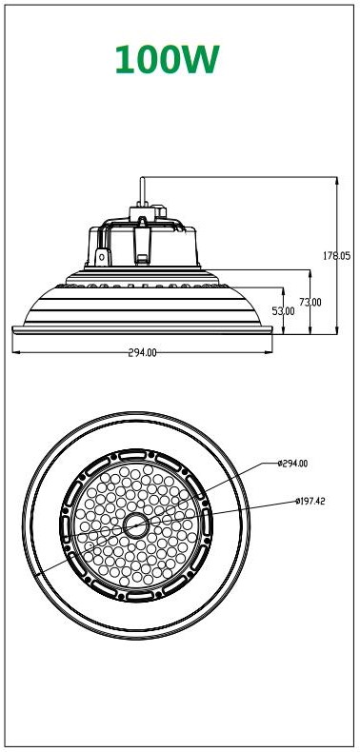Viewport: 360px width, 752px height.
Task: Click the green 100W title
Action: tap(167, 59)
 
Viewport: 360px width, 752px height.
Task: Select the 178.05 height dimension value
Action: tap(336, 256)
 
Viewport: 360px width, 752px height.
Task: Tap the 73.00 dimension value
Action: tap(310, 302)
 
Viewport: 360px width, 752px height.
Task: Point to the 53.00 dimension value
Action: tap(283, 310)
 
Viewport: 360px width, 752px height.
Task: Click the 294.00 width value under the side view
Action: tap(142, 352)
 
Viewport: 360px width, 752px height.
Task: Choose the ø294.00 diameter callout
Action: tap(292, 464)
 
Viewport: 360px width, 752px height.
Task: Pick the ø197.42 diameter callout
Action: tap(310, 502)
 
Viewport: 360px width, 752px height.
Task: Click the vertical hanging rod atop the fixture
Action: tap(142, 192)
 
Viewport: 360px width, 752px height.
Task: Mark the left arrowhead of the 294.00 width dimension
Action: tap(15, 352)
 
